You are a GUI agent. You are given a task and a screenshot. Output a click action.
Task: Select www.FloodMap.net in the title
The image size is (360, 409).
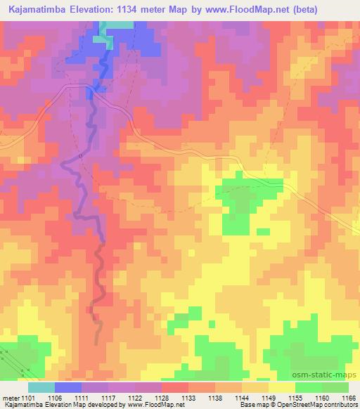tap(237, 10)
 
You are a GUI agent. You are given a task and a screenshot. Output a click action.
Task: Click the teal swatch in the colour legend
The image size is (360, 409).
tap(41, 387)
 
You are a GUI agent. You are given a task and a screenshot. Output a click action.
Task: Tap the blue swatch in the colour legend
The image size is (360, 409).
tap(67, 387)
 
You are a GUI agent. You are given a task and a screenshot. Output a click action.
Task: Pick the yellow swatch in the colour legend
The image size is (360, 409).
tap(281, 387)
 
